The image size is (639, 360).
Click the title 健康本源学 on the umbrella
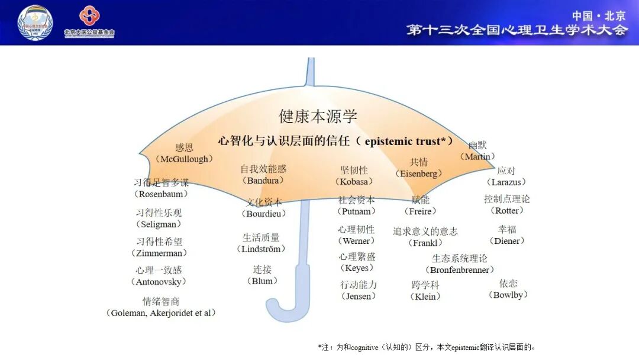318,117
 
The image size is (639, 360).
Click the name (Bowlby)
508,295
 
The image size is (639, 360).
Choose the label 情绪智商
161,301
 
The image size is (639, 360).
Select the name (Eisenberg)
419,173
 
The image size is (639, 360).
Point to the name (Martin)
477,157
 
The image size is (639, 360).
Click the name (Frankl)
425,243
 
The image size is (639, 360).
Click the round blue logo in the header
35,22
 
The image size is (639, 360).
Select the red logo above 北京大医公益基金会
89,15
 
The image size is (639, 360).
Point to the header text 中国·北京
598,15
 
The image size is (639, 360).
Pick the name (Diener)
507,241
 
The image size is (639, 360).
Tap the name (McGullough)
184,159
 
